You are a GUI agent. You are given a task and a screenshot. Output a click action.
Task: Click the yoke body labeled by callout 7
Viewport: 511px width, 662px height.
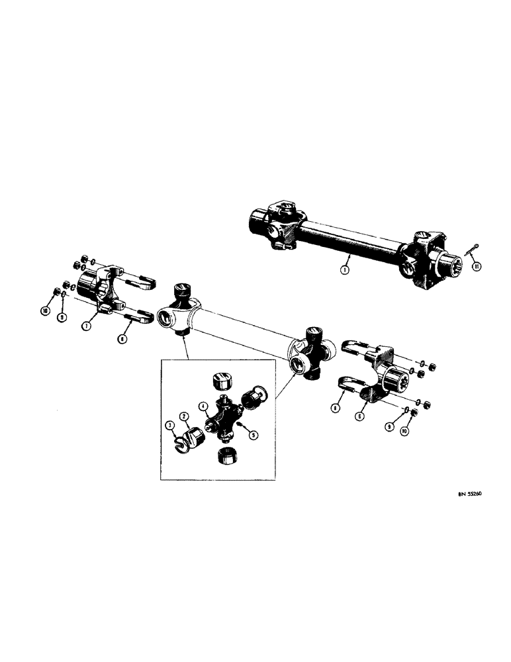(x=99, y=286)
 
